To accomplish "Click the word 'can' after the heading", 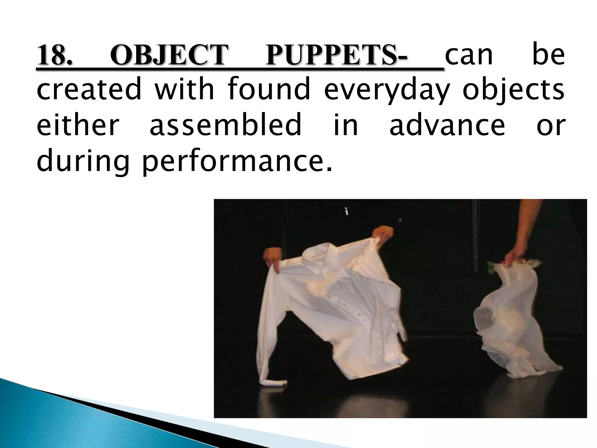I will tap(469, 55).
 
